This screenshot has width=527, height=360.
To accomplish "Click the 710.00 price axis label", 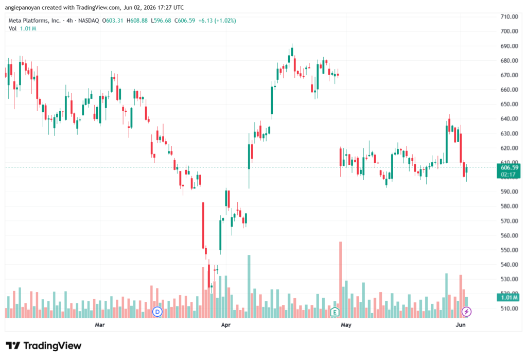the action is (x=509, y=17).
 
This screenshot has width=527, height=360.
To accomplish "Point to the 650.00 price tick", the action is (x=509, y=105).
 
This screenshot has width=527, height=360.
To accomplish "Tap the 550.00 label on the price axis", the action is (x=509, y=250).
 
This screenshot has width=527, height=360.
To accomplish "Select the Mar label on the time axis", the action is (x=100, y=324).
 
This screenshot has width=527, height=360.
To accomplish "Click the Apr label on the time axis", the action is (x=226, y=324).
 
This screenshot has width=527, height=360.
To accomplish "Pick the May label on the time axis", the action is (x=346, y=324).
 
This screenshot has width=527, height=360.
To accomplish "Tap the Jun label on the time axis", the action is (x=461, y=324).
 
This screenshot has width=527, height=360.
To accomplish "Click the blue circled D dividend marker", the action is (x=157, y=312).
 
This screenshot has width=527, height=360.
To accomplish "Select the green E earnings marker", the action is (x=335, y=312).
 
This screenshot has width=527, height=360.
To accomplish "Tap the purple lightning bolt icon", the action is (x=466, y=312).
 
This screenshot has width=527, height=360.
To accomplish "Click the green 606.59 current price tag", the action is (x=508, y=171).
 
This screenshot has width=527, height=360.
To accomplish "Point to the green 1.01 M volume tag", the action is (x=508, y=297).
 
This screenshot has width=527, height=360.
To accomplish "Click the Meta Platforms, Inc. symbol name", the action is (x=34, y=21).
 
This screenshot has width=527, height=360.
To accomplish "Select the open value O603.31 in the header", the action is (x=113, y=21).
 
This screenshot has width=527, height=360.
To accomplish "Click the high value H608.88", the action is (x=137, y=21).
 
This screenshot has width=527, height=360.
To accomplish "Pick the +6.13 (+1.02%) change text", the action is (x=217, y=21).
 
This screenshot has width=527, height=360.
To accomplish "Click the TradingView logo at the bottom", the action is (x=44, y=346).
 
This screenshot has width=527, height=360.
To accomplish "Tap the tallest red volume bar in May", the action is (x=341, y=280).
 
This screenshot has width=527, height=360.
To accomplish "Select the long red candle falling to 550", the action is (x=203, y=226).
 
